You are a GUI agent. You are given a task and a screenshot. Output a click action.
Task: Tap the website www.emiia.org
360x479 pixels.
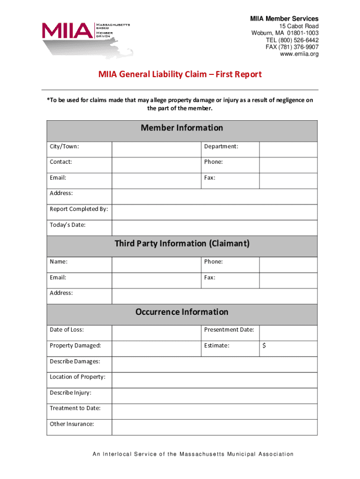[x=299, y=54]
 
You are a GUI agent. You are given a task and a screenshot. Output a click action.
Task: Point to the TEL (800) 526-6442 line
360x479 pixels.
[x=292, y=40]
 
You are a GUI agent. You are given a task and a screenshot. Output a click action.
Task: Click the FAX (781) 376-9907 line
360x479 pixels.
[x=292, y=47]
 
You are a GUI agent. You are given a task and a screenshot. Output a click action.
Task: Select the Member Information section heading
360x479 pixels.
[x=182, y=128]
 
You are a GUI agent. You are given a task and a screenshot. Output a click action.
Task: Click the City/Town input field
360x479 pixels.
[x=156, y=150]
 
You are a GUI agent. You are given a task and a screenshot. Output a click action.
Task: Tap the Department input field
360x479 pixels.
[x=288, y=150]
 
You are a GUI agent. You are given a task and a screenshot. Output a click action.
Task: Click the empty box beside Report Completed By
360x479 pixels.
[x=214, y=212]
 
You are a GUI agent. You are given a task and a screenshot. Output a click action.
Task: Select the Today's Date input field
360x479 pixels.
[x=214, y=228]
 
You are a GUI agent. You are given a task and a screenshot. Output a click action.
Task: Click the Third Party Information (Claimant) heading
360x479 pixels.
[x=182, y=244]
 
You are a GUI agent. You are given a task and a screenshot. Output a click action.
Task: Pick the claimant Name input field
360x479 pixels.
[x=156, y=265]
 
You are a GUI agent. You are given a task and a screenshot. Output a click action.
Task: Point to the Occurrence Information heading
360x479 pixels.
[x=182, y=312]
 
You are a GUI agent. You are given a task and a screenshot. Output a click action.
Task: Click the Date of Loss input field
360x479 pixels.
[x=156, y=333]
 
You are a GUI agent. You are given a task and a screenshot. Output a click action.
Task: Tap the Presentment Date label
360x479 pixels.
[x=229, y=330]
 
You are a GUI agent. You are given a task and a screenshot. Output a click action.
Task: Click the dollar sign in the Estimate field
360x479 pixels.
[x=265, y=346]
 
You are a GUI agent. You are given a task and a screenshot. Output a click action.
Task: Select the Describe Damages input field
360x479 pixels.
[x=214, y=364]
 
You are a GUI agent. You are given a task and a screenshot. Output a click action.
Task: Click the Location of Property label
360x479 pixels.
[x=78, y=377]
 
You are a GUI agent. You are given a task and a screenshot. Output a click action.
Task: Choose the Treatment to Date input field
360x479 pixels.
[x=214, y=411]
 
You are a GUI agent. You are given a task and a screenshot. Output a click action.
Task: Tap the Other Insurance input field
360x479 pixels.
[x=214, y=427]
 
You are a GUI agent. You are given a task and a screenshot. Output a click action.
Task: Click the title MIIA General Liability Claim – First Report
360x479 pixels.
[x=180, y=74]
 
